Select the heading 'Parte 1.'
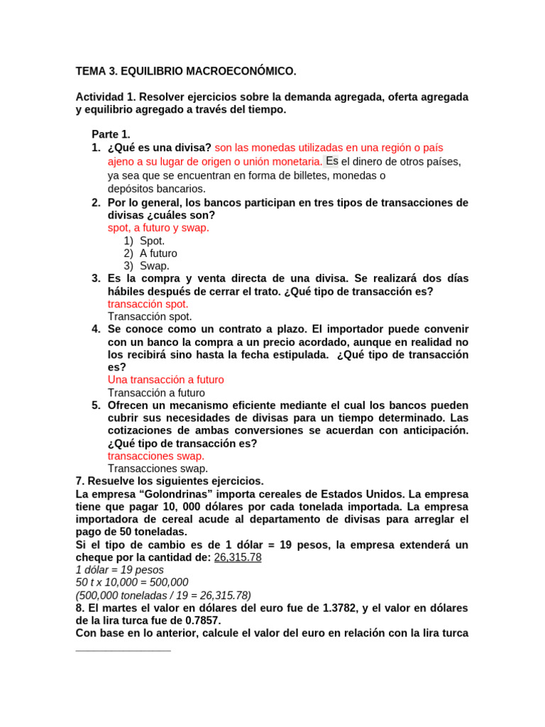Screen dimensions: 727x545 pos(111,134)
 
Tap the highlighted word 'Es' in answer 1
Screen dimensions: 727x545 pos(331,161)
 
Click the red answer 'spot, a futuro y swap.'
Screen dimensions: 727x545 pos(158,228)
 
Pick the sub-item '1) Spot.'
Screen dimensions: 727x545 pos(144,241)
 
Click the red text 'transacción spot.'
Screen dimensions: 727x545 pos(148,304)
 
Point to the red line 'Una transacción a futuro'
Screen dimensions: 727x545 pos(165,380)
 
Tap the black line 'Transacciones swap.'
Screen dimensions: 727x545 pos(158,469)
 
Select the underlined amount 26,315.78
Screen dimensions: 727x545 pos(238,557)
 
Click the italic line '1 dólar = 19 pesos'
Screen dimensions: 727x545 pos(119,570)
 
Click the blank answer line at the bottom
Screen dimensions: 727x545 pos(123,648)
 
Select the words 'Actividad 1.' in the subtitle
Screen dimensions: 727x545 pos(105,97)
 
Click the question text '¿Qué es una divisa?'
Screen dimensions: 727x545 pos(160,148)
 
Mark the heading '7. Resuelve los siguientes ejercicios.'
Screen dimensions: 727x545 pos(170,481)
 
